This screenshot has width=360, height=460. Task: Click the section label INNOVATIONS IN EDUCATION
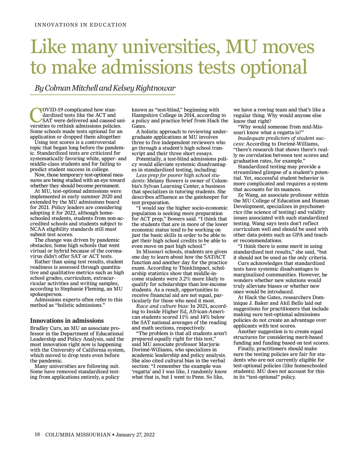coord(81,25)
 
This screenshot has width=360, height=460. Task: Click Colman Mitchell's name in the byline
coord(71,88)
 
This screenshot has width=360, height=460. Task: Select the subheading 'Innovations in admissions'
coord(67,320)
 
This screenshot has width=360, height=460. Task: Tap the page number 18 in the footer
coord(37,434)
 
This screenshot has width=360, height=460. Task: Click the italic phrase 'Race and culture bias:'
coord(162,306)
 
